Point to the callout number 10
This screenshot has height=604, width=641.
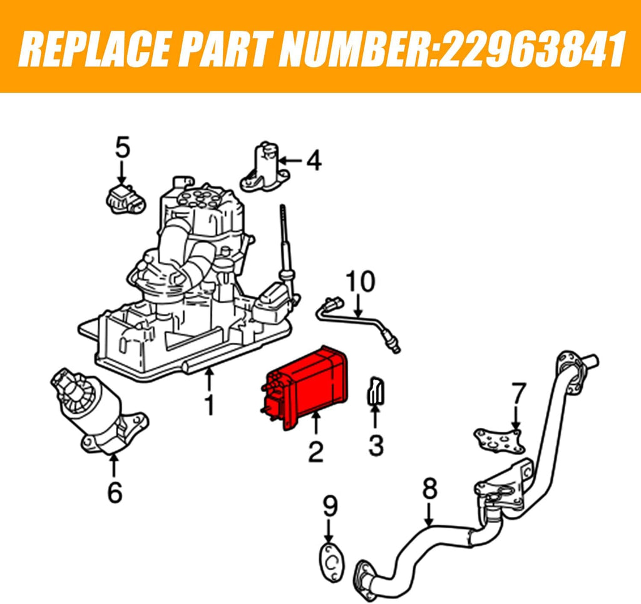pyautogui.click(x=360, y=281)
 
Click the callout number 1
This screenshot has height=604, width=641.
pyautogui.click(x=209, y=404)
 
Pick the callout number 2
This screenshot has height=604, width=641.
pyautogui.click(x=315, y=451)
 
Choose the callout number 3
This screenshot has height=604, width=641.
pyautogui.click(x=376, y=445)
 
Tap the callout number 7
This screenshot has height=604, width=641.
pyautogui.click(x=518, y=393)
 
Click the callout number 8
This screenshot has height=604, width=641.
pyautogui.click(x=429, y=489)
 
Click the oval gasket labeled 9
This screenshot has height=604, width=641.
pyautogui.click(x=332, y=563)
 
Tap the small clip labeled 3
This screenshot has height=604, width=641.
pyautogui.click(x=376, y=391)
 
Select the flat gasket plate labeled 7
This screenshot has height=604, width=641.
pyautogui.click(x=499, y=440)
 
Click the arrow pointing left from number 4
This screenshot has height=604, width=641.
pyautogui.click(x=291, y=161)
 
